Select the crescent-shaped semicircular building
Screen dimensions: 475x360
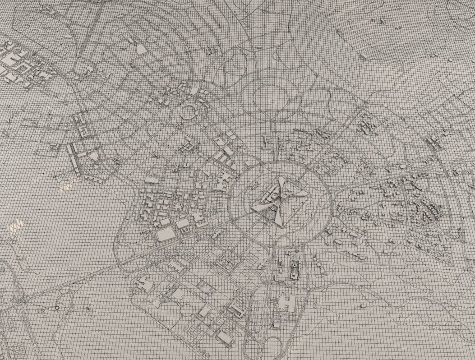click(x=191, y=111)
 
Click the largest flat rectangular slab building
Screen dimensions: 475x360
click(x=165, y=234)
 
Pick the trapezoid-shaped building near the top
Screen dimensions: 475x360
click(x=141, y=49)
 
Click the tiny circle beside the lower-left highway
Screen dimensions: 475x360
click(x=57, y=307)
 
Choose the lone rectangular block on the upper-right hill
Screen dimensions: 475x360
click(x=364, y=56)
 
